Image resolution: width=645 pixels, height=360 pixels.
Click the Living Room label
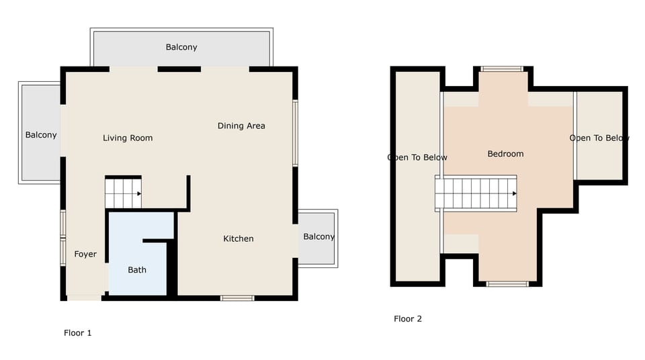[x=128, y=138]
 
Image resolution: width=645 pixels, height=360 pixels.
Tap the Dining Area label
[x=241, y=126]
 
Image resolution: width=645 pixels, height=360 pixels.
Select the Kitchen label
[x=239, y=238]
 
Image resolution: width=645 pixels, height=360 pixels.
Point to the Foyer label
[x=85, y=255]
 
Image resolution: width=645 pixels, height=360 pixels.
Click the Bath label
[x=137, y=270]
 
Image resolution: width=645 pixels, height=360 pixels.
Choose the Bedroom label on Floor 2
[x=505, y=154]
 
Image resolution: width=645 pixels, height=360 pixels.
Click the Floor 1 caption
[x=77, y=332]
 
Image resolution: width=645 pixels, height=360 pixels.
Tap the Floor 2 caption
[x=408, y=319]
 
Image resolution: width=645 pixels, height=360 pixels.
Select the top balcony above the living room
[x=181, y=48]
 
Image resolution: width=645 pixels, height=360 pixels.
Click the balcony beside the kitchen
[x=318, y=237]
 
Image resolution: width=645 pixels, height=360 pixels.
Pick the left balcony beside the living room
[x=41, y=134]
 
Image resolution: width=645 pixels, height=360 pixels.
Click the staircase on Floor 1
[x=123, y=193]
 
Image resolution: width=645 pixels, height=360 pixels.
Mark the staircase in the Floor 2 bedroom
[x=476, y=193]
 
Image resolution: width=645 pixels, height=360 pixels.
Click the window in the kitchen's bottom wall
[x=237, y=298]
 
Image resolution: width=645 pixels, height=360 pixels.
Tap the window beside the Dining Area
[x=295, y=133]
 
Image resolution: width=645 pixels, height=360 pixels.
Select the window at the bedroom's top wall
[x=502, y=69]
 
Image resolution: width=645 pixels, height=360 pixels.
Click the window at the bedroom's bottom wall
[x=507, y=284]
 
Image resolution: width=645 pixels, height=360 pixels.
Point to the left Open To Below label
[x=417, y=158]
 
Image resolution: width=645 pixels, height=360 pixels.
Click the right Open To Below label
[x=599, y=138]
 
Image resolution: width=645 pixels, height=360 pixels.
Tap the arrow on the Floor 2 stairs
[x=514, y=193]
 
